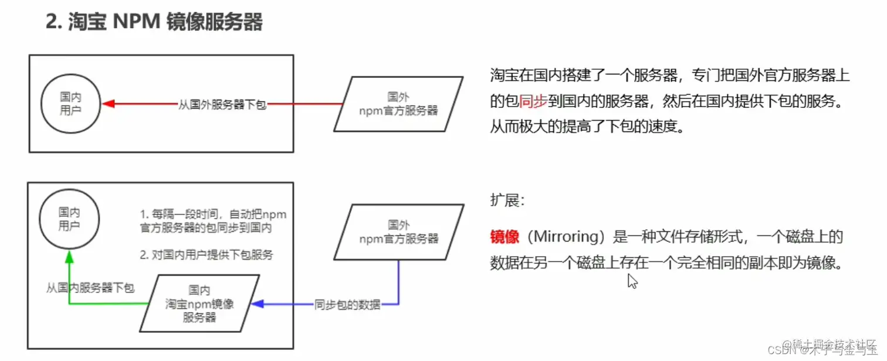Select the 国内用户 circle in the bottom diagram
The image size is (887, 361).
pyautogui.click(x=69, y=219)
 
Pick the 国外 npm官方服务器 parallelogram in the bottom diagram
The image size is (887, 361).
pyautogui.click(x=399, y=232)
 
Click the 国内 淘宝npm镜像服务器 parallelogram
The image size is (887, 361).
pyautogui.click(x=199, y=304)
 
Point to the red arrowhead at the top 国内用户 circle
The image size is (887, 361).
pyautogui.click(x=107, y=104)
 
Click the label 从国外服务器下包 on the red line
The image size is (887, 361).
pyautogui.click(x=222, y=105)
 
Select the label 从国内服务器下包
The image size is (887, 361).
pyautogui.click(x=90, y=288)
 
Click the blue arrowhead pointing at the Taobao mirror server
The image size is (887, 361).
pyautogui.click(x=256, y=304)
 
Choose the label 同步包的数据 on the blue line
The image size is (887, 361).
pyautogui.click(x=347, y=305)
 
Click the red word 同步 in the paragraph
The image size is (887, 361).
pyautogui.click(x=533, y=101)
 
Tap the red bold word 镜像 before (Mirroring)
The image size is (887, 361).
pyautogui.click(x=505, y=237)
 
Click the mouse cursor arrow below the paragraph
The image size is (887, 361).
pyautogui.click(x=632, y=282)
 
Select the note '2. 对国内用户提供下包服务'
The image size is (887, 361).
pyautogui.click(x=206, y=255)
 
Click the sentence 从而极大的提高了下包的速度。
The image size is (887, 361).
pyautogui.click(x=587, y=127)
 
